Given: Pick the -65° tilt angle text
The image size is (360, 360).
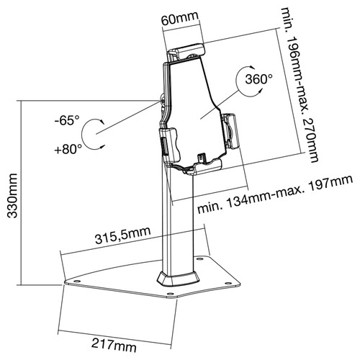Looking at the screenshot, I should point(65,121).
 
